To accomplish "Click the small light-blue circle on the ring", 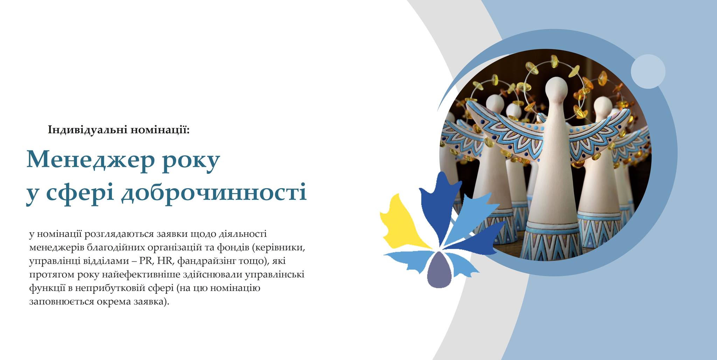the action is tap(648, 71).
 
